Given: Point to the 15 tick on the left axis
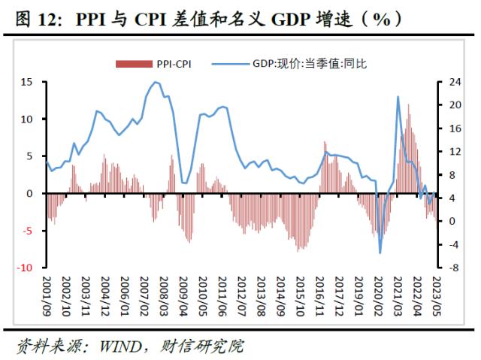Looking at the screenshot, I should [27, 82].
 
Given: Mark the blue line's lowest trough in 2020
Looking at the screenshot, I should [380, 253].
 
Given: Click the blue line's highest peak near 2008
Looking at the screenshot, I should [155, 82].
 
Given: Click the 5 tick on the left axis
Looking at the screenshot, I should [31, 156].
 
